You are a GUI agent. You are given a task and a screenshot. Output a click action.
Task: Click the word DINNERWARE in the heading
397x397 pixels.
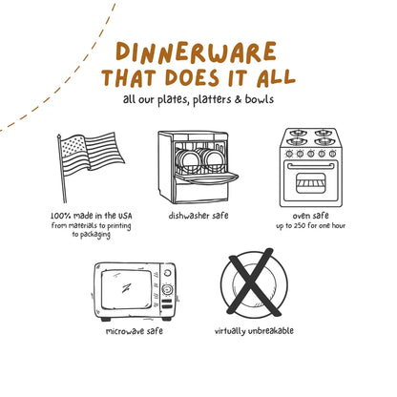click(x=197, y=52)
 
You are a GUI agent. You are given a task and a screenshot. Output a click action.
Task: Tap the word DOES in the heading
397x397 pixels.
click(x=193, y=77)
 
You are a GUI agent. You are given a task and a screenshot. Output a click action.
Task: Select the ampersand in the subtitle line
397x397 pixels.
click(x=239, y=99)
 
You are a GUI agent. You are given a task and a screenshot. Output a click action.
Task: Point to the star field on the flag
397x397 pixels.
click(x=73, y=146)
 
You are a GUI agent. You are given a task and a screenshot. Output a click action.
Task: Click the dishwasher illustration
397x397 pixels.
click(x=198, y=167)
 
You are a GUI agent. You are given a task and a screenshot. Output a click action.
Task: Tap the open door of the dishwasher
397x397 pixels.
click(x=206, y=178)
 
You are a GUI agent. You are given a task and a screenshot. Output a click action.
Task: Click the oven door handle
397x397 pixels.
click(x=311, y=166)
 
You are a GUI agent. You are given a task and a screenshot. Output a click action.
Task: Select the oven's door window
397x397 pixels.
click(x=311, y=183)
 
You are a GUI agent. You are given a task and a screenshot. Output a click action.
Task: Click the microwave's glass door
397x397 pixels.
click(x=126, y=289)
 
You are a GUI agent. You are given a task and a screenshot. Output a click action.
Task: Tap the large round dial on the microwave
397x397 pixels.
click(x=167, y=289)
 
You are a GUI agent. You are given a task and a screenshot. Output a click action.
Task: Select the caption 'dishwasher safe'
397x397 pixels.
click(x=198, y=216)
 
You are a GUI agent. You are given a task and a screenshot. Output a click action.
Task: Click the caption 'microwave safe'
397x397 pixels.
click(x=135, y=331)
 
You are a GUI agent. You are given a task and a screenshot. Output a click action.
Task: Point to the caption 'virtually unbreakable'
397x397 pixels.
click(x=254, y=330)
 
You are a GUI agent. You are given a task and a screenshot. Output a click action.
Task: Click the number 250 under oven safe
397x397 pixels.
click(x=300, y=226)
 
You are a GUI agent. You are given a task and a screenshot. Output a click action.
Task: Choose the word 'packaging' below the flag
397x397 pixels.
click(x=95, y=235)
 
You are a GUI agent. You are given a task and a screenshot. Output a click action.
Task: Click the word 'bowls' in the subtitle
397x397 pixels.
click(x=260, y=99)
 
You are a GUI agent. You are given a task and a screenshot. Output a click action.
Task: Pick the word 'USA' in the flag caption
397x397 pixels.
click(x=125, y=216)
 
